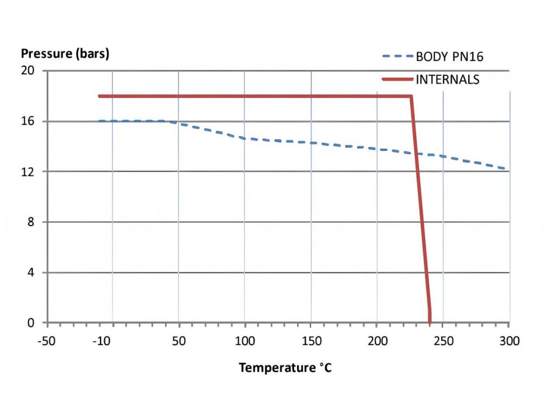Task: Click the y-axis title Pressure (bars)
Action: (x=65, y=54)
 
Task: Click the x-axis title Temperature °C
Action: (x=285, y=368)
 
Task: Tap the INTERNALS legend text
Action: (x=447, y=80)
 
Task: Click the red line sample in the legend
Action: (x=397, y=80)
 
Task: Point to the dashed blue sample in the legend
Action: (x=397, y=57)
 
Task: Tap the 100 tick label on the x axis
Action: (x=245, y=341)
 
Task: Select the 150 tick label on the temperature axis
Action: (x=311, y=341)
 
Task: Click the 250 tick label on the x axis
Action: (x=443, y=341)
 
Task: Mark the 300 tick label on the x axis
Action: (x=509, y=341)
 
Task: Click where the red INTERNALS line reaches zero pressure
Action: (x=430, y=322)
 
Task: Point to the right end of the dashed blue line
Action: (x=508, y=169)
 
